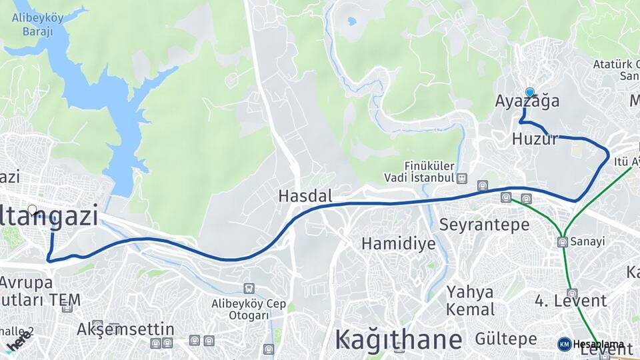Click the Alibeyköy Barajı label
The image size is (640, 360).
point(38,24)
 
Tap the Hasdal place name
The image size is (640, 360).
point(305,196)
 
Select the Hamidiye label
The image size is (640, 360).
point(399,243)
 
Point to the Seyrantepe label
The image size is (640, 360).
point(484,225)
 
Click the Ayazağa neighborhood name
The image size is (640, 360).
point(527,101)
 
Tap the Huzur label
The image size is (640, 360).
point(535,139)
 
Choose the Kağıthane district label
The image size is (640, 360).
point(399,339)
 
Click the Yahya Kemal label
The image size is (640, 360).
point(471,301)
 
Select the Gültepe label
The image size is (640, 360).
point(506,339)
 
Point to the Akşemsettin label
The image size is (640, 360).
point(125,329)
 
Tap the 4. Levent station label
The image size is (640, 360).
point(571,301)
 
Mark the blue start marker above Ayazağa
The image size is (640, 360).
point(530,93)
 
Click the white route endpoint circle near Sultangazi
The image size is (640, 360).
point(32,209)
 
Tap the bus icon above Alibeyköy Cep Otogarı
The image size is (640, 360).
point(249,289)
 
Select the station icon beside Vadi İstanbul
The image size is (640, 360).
point(463,179)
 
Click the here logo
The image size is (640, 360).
point(19,342)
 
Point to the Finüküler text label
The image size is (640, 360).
point(429,165)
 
